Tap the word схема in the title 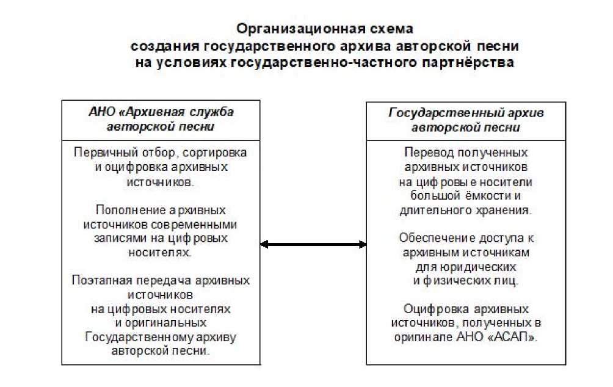[387, 29]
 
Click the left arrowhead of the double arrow [264, 245]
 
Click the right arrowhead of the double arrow [363, 245]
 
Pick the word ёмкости [479, 195]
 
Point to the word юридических [483, 266]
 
